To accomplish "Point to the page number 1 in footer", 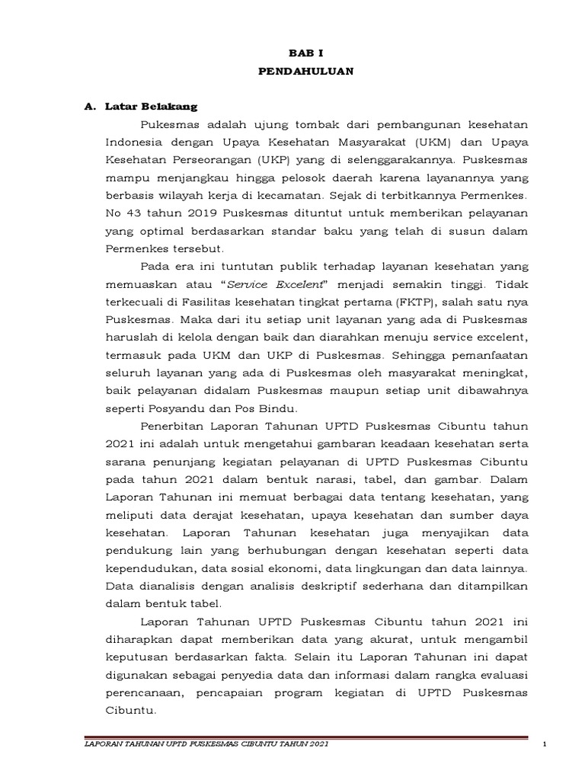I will tap(547, 743).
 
